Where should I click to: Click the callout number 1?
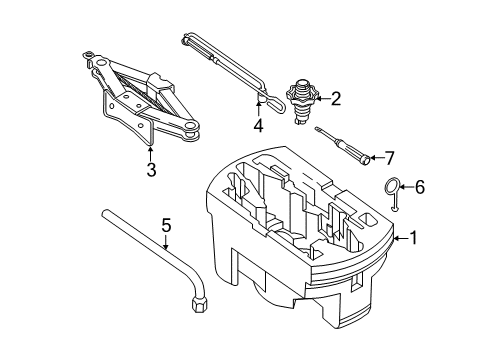tap(413, 238)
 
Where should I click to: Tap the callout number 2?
tap(335, 99)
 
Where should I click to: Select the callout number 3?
tap(151, 170)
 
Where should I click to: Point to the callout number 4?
tap(258, 126)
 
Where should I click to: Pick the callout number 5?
tap(166, 225)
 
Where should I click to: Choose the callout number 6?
tap(419, 187)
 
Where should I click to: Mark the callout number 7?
tap(389, 158)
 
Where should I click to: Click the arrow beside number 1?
tap(401, 238)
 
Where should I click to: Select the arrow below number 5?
tap(166, 242)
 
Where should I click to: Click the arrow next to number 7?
tap(376, 158)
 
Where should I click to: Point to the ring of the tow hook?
tap(391, 187)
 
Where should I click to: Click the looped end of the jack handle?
tap(274, 102)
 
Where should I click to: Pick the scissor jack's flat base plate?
tap(128, 120)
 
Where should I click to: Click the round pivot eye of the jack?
tap(191, 126)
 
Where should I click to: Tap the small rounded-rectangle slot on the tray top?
tap(369, 219)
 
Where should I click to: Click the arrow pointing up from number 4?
tap(258, 109)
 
